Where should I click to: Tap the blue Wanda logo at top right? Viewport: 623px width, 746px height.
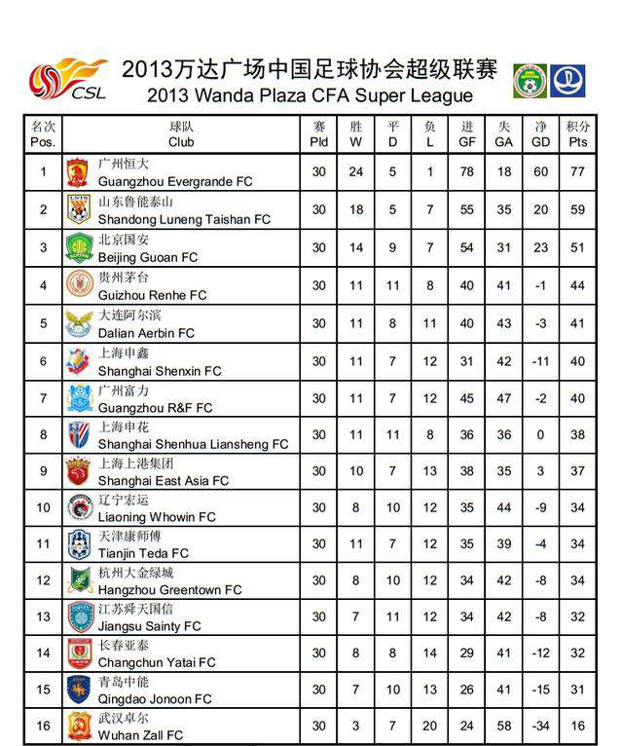tap(568, 81)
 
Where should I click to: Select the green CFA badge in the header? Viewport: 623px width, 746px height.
tap(531, 81)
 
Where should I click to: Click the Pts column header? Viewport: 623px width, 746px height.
tap(578, 134)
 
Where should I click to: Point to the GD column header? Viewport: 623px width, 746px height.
tap(541, 134)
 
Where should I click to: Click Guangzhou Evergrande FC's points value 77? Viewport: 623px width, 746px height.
tap(578, 172)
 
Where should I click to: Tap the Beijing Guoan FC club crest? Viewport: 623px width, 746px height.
tap(78, 248)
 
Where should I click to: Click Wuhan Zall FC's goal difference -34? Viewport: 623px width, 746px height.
tap(541, 726)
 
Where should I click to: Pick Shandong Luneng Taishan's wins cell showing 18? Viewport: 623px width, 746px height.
tap(356, 209)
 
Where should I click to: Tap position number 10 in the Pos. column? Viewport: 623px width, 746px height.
tap(43, 506)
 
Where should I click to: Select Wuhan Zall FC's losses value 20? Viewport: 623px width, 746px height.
tap(429, 726)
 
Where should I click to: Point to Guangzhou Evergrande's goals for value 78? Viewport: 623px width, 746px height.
tap(467, 172)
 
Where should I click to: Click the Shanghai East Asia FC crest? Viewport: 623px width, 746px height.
tap(78, 470)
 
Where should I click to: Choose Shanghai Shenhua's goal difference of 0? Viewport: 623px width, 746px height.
tap(541, 435)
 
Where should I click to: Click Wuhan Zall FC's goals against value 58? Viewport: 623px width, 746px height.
tap(504, 726)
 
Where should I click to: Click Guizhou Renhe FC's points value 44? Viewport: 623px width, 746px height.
tap(578, 285)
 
